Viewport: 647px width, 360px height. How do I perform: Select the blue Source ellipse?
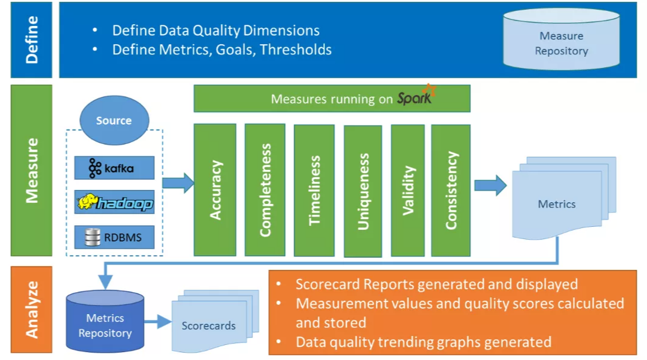click(x=114, y=120)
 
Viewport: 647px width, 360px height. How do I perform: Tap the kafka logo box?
click(x=114, y=168)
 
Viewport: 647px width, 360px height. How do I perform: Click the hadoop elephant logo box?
click(x=114, y=203)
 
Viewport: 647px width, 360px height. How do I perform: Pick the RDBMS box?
click(x=114, y=237)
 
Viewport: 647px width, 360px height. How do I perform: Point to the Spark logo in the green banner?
click(x=417, y=97)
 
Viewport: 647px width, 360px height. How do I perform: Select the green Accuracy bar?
click(x=215, y=190)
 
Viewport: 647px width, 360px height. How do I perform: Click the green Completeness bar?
click(x=264, y=190)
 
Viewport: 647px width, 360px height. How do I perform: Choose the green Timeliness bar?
click(x=314, y=190)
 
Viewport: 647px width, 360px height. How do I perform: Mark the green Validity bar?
click(x=409, y=190)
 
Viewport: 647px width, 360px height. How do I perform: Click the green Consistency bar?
click(x=451, y=190)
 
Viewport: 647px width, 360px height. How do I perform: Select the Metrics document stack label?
click(x=556, y=205)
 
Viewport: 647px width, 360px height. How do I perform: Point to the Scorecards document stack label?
click(x=209, y=326)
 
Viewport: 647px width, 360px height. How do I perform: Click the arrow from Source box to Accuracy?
click(x=178, y=182)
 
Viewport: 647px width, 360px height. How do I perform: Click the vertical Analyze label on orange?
click(x=31, y=309)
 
